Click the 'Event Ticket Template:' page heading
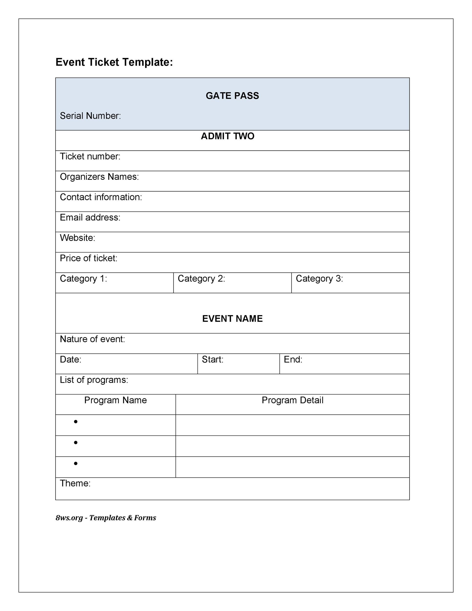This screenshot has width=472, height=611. pos(114,62)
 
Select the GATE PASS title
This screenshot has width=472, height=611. pos(232,96)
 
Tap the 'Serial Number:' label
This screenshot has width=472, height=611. pos(90,116)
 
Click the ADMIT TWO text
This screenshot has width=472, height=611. pos(227,136)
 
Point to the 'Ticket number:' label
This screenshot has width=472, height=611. pos(90,156)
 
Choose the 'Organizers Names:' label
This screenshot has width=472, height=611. pos(99,177)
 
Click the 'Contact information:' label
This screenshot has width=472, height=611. pos(101,197)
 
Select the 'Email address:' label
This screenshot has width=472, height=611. pos(90,217)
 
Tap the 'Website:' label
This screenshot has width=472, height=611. pos(77,238)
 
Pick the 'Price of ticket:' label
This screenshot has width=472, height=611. pos(88,258)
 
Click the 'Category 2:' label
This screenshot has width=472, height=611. pos(201,279)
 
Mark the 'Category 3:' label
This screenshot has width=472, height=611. pos(319,279)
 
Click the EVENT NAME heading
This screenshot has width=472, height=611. pos(232,319)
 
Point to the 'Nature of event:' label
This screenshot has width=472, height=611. pos(92,339)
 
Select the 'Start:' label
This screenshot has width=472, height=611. pos(213,360)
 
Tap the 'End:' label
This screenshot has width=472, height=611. pos(293,360)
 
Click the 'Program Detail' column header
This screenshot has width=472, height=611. pos(292,400)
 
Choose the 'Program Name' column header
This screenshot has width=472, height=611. pos(116,400)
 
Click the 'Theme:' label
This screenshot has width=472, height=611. pos(75,483)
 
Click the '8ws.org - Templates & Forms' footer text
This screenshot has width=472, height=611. pos(106,518)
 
